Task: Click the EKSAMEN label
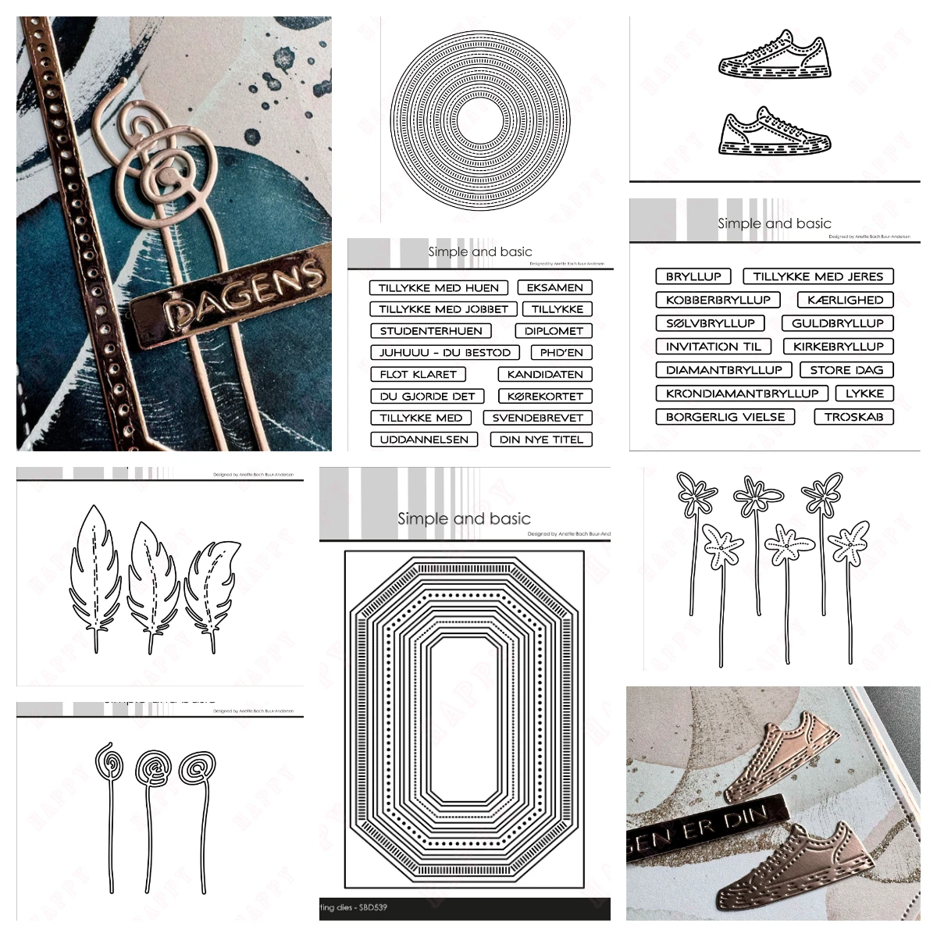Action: tap(554, 287)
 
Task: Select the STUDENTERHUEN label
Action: tap(431, 331)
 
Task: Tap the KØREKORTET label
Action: tap(544, 396)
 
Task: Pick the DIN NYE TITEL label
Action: tap(541, 440)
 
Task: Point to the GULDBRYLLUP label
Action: tap(837, 323)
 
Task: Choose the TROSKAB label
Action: tap(853, 417)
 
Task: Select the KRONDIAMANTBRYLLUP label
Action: tap(742, 394)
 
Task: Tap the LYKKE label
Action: tap(864, 394)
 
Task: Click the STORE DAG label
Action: tap(846, 370)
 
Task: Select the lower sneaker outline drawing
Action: tap(773, 132)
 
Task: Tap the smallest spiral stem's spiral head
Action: tap(103, 761)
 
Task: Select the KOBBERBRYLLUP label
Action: tap(718, 300)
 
